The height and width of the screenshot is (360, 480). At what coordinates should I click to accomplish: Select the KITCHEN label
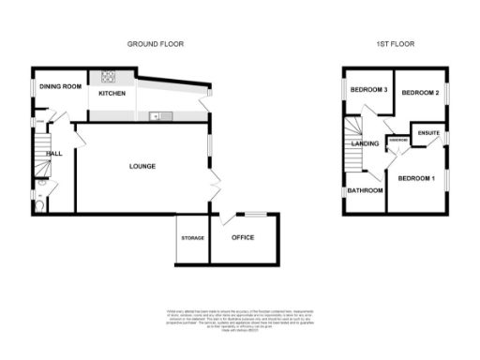coord(112,94)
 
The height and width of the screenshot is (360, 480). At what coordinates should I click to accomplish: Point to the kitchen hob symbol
coord(108,77)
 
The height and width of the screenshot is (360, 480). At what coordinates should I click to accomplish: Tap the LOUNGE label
coord(142,166)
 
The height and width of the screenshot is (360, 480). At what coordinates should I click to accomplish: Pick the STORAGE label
coord(192,238)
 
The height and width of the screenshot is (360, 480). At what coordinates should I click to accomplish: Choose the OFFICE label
coord(243,237)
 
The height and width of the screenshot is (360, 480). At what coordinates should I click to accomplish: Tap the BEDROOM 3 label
coord(368,90)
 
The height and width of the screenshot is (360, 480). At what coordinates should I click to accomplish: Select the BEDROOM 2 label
coord(420,94)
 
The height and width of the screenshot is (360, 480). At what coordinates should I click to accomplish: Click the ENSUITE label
coord(429,133)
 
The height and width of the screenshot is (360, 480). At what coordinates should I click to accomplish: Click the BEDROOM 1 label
coord(415,177)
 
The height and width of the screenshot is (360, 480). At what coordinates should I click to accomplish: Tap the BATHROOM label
coord(365,190)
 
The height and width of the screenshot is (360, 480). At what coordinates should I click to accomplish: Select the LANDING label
coord(365,143)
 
